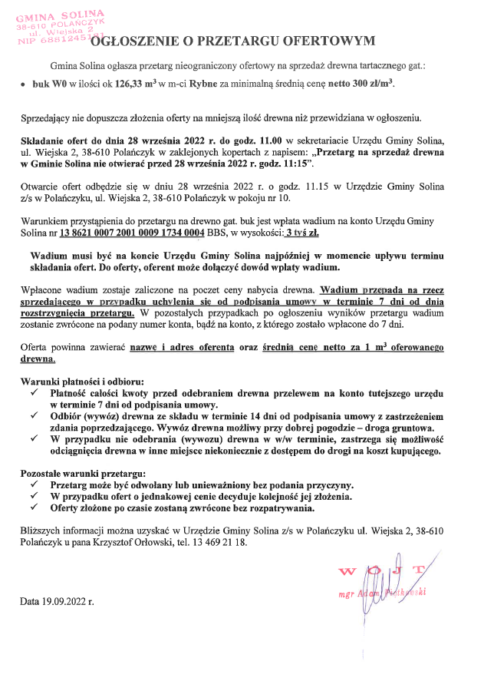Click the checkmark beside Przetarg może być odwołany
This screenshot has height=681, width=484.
pos(34,485)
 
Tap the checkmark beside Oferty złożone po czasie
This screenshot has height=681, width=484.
pos(34,507)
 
